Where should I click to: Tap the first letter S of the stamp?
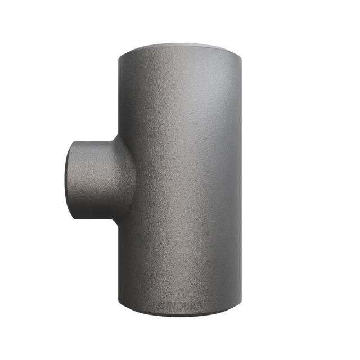160,306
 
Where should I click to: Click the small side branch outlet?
93,176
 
